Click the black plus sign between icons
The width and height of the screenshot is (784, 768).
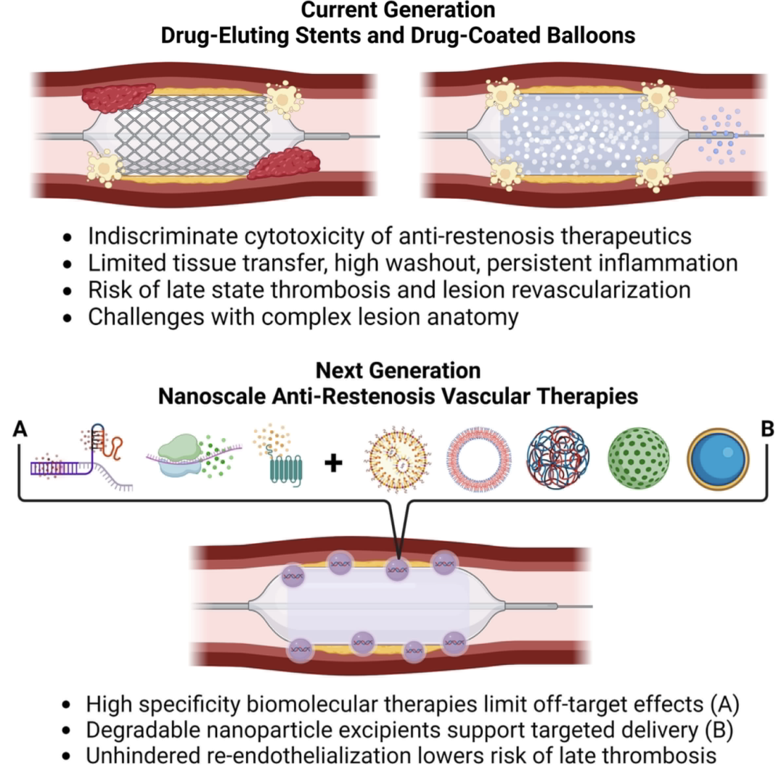(333, 463)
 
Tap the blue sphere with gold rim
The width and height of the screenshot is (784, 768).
(717, 459)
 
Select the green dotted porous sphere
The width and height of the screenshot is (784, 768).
(639, 458)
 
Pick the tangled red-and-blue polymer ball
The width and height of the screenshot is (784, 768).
(558, 458)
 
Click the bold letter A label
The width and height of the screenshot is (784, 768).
(20, 429)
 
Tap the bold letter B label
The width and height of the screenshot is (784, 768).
(767, 429)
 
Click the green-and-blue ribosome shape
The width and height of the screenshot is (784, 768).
(180, 455)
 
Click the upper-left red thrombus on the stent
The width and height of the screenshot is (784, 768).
(118, 97)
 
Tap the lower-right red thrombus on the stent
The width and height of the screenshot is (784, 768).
(284, 163)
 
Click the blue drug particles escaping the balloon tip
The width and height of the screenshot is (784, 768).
(721, 135)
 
